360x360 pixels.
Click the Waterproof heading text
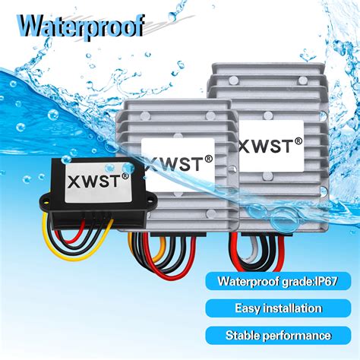[81, 26]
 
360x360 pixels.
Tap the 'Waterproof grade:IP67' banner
[278, 281]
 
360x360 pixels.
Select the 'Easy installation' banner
[278, 308]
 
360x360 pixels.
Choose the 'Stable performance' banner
[278, 336]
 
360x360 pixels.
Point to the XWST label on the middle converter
[178, 164]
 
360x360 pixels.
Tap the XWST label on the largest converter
[271, 146]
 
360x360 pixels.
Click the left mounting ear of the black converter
[46, 200]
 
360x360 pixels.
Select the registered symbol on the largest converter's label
[298, 141]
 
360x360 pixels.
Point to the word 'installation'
[292, 308]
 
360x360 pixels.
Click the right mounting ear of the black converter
[151, 200]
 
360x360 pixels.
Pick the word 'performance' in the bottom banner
[296, 336]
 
